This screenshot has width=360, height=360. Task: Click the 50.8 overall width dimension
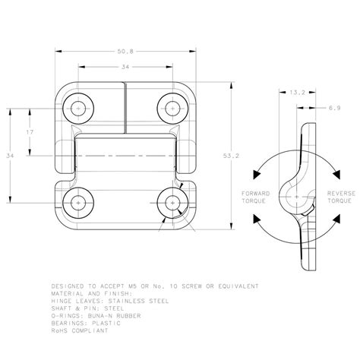tap(125, 52)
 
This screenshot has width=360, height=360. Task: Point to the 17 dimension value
tap(28, 132)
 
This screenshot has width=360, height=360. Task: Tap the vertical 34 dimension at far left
tap(10, 156)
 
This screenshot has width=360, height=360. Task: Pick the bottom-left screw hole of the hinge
tap(79, 203)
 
